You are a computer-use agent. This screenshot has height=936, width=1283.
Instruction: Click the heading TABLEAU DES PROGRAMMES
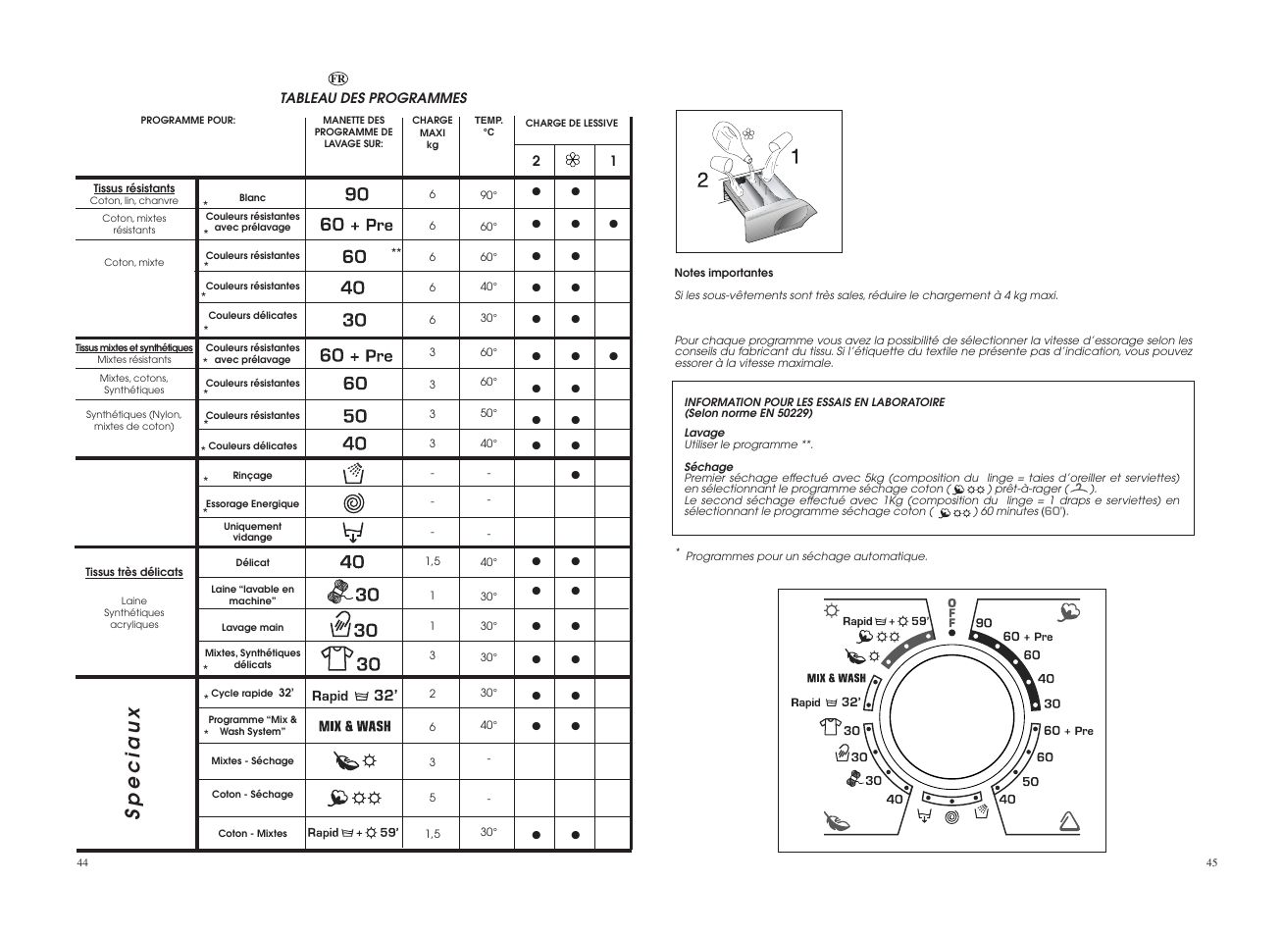373,98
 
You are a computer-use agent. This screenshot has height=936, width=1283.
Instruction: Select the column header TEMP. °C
488,127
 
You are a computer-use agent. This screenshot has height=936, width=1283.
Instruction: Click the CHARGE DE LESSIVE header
571,124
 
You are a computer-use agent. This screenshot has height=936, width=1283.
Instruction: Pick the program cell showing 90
356,194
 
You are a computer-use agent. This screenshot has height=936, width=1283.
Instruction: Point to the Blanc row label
252,198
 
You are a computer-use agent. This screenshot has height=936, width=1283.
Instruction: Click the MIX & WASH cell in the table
354,727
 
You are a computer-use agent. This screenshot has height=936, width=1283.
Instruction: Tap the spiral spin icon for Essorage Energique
354,504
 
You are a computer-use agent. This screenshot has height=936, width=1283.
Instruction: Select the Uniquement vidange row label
252,532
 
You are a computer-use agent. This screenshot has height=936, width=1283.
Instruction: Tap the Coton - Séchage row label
252,795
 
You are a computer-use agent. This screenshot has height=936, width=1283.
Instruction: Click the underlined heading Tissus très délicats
134,573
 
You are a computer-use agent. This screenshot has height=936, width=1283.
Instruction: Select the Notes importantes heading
723,274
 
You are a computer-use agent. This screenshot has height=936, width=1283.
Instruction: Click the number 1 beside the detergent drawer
795,157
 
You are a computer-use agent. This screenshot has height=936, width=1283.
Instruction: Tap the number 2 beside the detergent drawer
702,180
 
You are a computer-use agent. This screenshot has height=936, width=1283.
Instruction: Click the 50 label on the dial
1030,782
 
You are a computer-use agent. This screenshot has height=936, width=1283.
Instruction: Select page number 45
1211,863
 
